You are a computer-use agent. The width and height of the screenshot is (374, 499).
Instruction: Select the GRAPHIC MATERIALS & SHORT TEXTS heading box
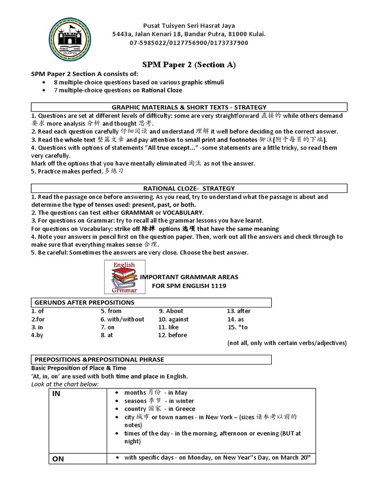189,107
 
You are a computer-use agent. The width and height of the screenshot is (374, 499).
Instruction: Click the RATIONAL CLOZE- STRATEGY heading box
189,188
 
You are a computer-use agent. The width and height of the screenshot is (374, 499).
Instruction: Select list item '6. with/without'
122,319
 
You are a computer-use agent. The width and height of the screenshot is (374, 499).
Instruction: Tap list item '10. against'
173,319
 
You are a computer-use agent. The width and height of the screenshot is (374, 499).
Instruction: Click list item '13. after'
239,311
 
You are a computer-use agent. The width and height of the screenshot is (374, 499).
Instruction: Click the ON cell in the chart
78,459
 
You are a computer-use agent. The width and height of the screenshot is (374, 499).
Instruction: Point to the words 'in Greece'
182,409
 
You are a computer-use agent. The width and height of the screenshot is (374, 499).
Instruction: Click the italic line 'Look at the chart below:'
65,384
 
